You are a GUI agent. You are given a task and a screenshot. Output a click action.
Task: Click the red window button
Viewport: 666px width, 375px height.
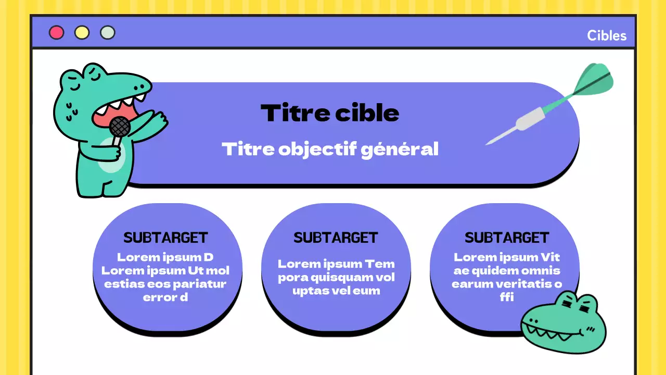click(56, 33)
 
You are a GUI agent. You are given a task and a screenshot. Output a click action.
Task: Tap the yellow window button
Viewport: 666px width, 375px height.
click(82, 33)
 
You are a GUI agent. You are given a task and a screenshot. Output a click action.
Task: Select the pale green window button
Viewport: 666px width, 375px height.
click(108, 33)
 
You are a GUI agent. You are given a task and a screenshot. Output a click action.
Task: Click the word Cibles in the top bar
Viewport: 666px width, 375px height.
click(607, 35)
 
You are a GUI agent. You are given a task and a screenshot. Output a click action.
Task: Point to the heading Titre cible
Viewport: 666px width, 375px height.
click(330, 113)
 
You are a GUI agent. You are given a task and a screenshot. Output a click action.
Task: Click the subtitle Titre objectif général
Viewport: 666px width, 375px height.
click(330, 149)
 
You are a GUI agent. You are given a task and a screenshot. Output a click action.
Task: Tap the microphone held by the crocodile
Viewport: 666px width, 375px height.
click(120, 127)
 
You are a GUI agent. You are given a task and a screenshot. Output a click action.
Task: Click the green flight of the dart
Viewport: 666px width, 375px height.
click(596, 81)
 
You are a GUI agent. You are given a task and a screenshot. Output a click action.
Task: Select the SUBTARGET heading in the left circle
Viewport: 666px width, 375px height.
click(165, 238)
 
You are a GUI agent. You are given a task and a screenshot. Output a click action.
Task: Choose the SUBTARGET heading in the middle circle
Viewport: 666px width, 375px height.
click(336, 238)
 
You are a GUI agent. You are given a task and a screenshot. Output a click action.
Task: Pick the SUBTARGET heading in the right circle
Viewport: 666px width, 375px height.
click(507, 238)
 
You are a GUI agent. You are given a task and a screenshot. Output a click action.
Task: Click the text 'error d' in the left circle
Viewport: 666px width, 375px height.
click(165, 297)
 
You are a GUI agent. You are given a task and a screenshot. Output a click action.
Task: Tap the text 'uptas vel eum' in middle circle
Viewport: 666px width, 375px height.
click(336, 291)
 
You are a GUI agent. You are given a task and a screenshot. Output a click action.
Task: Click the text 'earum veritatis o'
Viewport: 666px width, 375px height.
click(507, 284)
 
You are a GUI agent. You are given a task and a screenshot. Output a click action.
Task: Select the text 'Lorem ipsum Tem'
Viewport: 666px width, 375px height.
click(336, 264)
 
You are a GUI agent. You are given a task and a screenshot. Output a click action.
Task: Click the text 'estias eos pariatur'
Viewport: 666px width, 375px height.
click(165, 284)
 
